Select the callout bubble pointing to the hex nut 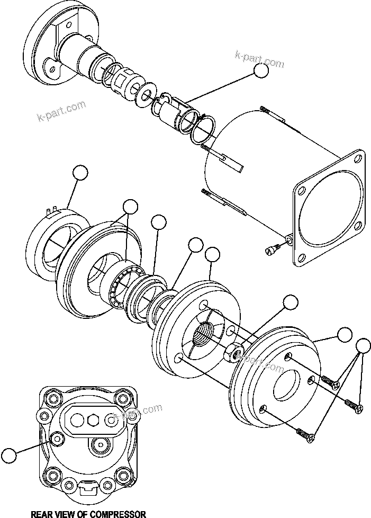tap(291, 302)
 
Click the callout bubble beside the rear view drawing tap(9, 455)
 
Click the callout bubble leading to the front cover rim tap(345, 334)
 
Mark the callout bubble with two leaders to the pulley tap(130, 207)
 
